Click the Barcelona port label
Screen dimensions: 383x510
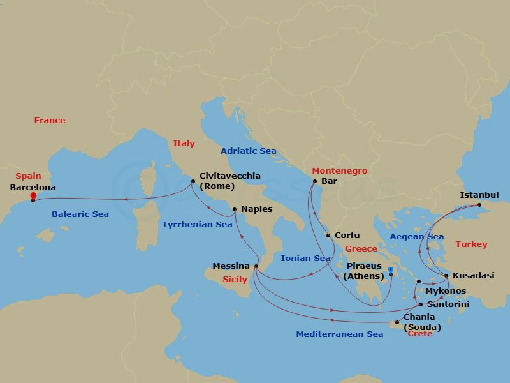click(33, 188)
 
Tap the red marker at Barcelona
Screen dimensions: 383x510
click(33, 195)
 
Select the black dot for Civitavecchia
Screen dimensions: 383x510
click(193, 181)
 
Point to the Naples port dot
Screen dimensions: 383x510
click(235, 209)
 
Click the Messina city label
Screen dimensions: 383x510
click(231, 266)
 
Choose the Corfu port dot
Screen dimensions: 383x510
click(328, 236)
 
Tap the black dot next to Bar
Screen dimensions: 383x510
click(314, 181)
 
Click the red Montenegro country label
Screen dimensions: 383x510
click(339, 171)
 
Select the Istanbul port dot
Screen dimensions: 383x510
click(479, 205)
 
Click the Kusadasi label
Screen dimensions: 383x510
click(473, 276)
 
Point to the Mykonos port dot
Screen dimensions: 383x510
click(418, 282)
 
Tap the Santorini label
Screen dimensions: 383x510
click(448, 304)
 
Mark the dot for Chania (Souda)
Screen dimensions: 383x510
click(397, 322)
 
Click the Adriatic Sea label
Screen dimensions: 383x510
click(249, 151)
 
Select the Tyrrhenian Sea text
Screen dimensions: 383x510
click(197, 225)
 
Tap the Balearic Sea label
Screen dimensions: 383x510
click(80, 214)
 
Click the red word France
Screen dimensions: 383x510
click(50, 121)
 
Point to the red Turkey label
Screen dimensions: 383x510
click(471, 244)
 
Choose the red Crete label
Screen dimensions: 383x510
click(419, 334)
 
